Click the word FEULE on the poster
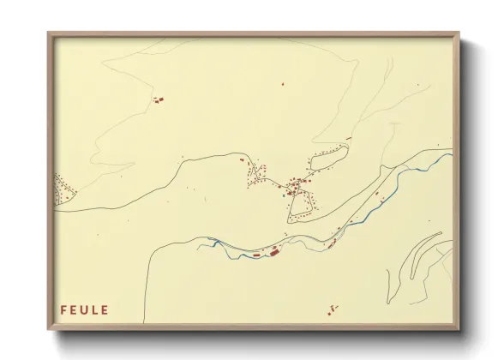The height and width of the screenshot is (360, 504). point(84,309)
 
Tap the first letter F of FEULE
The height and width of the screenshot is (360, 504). point(63,309)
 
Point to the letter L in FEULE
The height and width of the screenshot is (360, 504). point(94,309)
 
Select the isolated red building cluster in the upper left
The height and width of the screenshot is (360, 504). point(158,100)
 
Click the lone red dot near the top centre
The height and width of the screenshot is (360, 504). point(283,84)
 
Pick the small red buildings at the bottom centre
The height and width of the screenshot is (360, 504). point(332,309)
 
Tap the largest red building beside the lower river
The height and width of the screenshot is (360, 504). point(274,252)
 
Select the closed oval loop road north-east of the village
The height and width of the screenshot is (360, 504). point(328,157)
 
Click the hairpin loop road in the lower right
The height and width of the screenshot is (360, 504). point(420,257)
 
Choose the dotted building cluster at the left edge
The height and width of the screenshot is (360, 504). point(60,190)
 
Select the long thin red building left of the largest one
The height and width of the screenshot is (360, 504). point(255,255)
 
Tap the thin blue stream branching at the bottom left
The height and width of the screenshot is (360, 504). point(214,245)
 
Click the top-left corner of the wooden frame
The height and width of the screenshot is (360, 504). point(49,33)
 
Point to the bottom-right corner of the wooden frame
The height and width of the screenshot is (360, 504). point(459,329)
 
